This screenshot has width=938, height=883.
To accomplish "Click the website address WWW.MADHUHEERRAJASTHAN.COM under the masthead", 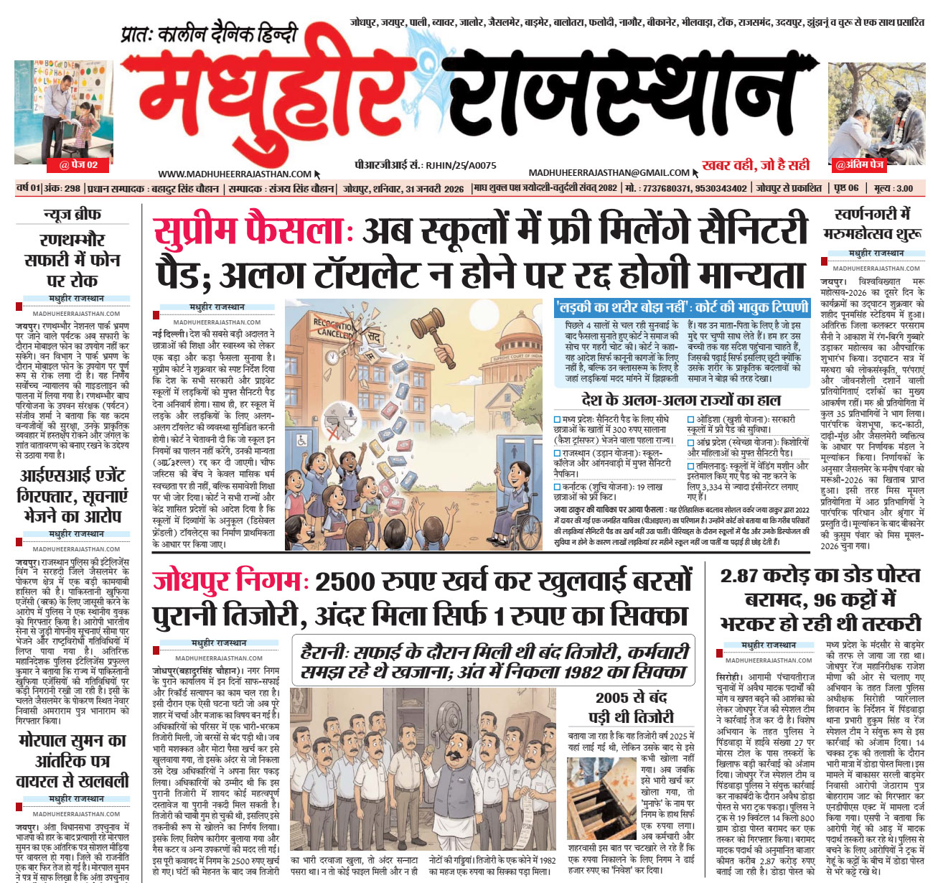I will [x=235, y=174].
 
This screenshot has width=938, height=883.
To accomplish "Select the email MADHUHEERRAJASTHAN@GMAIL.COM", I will [x=609, y=172].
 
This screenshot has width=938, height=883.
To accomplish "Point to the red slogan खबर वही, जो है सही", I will [x=756, y=165].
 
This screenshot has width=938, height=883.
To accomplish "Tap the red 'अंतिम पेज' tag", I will [x=860, y=165].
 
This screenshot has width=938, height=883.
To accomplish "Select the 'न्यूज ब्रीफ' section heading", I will [x=72, y=214].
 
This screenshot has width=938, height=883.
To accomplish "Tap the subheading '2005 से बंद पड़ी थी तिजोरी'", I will [x=631, y=706].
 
